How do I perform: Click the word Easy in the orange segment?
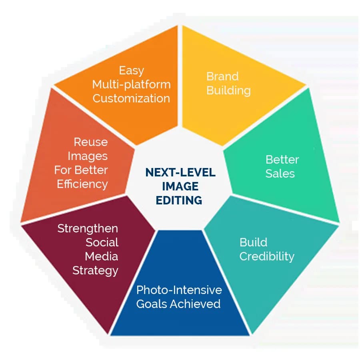tap(132, 71)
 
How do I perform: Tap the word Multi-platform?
tap(131, 85)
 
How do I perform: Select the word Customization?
tap(131, 98)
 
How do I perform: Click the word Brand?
tap(222, 76)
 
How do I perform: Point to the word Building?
tap(228, 90)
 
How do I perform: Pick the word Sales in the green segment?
tap(280, 174)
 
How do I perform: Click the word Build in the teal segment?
tap(253, 242)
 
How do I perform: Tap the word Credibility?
tap(267, 256)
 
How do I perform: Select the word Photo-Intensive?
tap(179, 290)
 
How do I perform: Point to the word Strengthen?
tap(88, 228)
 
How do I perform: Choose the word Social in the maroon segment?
tap(102, 242)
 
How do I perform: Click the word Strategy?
tap(95, 270)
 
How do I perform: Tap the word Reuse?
tap(91, 142)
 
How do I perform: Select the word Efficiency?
tap(82, 184)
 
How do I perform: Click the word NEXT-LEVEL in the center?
tap(180, 172)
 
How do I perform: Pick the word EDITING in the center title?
tap(180, 200)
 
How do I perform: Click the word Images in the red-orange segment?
tap(88, 156)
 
